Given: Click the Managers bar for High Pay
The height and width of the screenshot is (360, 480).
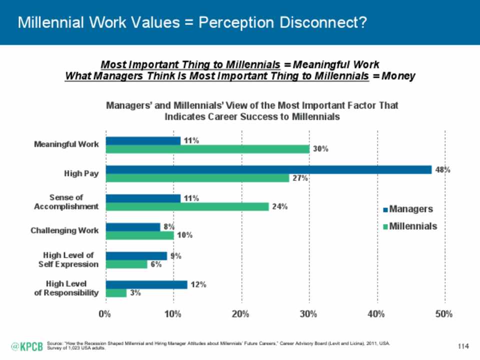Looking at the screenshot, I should pos(268,169).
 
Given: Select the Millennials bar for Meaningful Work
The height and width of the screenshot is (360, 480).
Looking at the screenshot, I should pos(207,149).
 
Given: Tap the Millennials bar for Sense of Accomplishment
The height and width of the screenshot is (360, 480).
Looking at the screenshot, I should pos(187,206).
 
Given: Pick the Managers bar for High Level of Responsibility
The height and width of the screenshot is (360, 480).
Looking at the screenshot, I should pos(146,284).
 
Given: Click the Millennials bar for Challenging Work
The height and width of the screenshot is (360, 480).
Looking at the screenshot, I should pos(139,235).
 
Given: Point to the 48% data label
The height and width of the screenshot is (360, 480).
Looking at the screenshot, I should pos(442,169).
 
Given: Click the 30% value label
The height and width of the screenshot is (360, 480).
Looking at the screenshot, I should pos(320,149).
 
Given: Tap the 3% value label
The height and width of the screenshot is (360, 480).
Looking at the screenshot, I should pos(135,293).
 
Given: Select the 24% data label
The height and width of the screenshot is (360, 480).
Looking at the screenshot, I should pos(279,207).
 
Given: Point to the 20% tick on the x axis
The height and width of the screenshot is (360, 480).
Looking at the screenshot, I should pos(241,314).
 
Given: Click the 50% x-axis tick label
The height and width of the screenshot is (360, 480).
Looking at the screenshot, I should pos(444,314).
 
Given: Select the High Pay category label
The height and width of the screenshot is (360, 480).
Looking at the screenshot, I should pos(81,173).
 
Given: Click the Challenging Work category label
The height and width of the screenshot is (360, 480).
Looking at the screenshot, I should pos(64,230).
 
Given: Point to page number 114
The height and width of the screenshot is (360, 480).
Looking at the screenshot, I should pos(465,346).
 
